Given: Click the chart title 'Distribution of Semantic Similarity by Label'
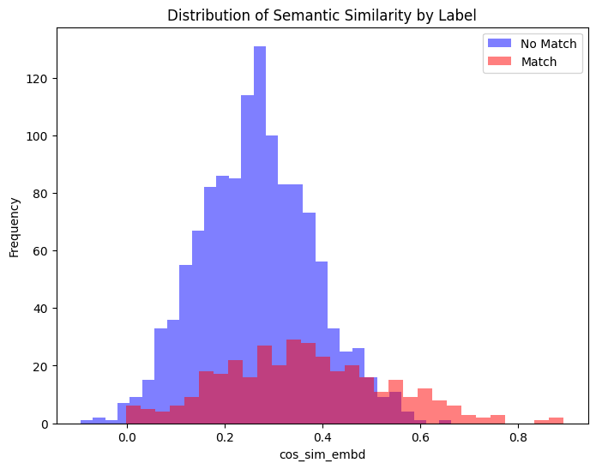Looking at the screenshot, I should click(322, 15).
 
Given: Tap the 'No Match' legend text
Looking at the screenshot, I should click(549, 43).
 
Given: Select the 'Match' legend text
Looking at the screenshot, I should click(539, 62).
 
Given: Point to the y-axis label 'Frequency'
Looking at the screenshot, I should click(15, 226).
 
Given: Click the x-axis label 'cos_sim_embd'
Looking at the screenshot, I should click(322, 454).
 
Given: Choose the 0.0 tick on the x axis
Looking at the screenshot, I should click(127, 436).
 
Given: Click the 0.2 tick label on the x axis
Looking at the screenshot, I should click(225, 436).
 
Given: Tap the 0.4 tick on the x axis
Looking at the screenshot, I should click(322, 436).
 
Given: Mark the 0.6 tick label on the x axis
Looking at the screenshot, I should click(420, 436).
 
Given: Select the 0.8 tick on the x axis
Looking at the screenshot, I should click(518, 436).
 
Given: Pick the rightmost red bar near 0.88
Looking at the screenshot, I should click(557, 421).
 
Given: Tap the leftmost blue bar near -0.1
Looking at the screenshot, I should click(87, 422).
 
